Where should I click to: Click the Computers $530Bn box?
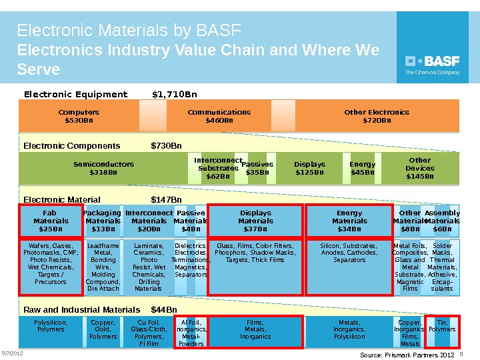point(79,117)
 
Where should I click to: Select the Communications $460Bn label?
point(219,117)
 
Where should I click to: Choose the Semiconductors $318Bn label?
point(103,168)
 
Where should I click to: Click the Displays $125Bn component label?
point(309,168)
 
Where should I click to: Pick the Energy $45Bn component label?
point(362,168)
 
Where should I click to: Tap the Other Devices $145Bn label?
point(419,168)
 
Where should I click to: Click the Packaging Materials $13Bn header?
point(103,221)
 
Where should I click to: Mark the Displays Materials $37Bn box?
point(255,221)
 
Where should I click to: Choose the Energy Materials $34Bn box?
point(349,221)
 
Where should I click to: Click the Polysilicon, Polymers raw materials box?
point(51,326)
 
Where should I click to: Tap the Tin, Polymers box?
point(441,326)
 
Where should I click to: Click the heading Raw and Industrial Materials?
point(82,310)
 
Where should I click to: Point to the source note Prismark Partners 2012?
point(406,355)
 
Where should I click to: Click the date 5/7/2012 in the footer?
point(12,353)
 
